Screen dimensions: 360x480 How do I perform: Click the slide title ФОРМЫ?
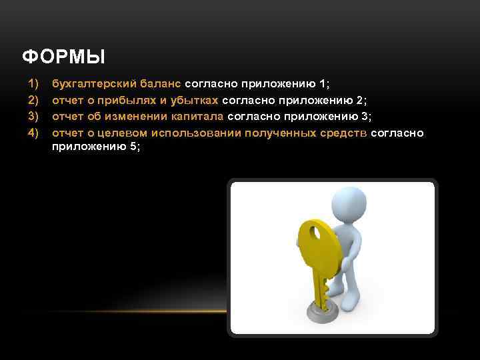pos(63,57)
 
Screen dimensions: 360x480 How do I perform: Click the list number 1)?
pos(33,85)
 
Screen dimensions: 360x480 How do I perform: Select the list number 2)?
pos(33,101)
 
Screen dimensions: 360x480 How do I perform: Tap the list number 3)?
pos(33,117)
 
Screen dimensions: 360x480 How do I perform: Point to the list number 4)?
pos(33,133)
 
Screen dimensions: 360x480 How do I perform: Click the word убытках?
pos(193,101)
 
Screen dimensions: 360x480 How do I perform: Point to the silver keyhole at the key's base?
pos(317,311)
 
